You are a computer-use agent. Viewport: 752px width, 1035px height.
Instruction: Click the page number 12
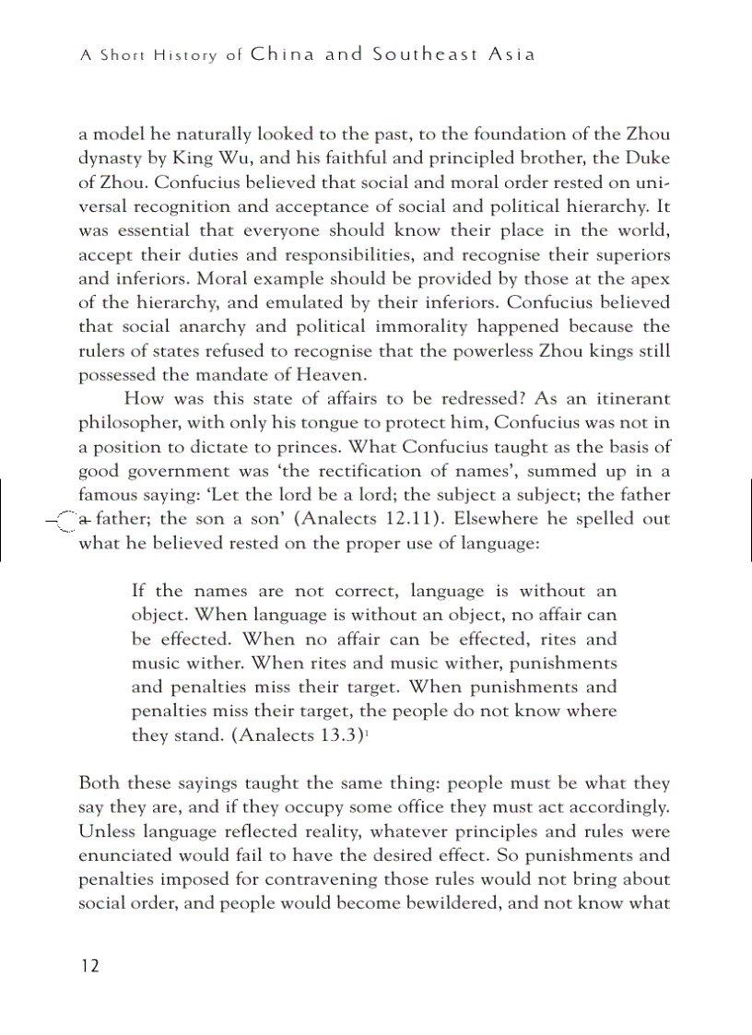tap(88, 966)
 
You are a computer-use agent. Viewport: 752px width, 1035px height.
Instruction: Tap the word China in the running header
tap(282, 54)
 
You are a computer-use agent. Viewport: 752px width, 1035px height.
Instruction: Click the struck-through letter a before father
tap(84, 519)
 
